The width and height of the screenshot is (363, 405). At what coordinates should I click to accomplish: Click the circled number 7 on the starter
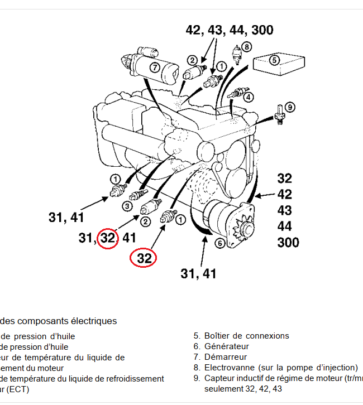[x=155, y=68]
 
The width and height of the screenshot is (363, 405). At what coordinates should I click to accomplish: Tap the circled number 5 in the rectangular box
[x=274, y=60]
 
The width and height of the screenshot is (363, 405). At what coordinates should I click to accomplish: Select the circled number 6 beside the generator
[x=220, y=243]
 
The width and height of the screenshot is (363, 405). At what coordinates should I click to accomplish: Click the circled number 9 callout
[x=290, y=107]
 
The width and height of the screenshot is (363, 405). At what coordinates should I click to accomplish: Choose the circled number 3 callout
[x=127, y=206]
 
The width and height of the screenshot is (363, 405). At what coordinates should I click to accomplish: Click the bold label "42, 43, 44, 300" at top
[x=230, y=30]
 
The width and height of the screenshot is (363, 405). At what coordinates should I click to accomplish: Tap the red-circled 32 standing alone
[x=144, y=258]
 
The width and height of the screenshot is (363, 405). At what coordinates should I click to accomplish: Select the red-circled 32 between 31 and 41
[x=108, y=238]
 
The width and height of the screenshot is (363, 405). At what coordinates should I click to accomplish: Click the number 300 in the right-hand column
[x=288, y=243]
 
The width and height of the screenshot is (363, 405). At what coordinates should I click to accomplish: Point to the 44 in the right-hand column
[x=285, y=226]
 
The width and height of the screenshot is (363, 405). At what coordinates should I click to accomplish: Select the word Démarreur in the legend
[x=226, y=357]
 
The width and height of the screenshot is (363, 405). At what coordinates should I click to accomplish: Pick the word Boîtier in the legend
[x=218, y=336]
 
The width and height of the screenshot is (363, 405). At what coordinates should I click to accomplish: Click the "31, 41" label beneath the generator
[x=198, y=273]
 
